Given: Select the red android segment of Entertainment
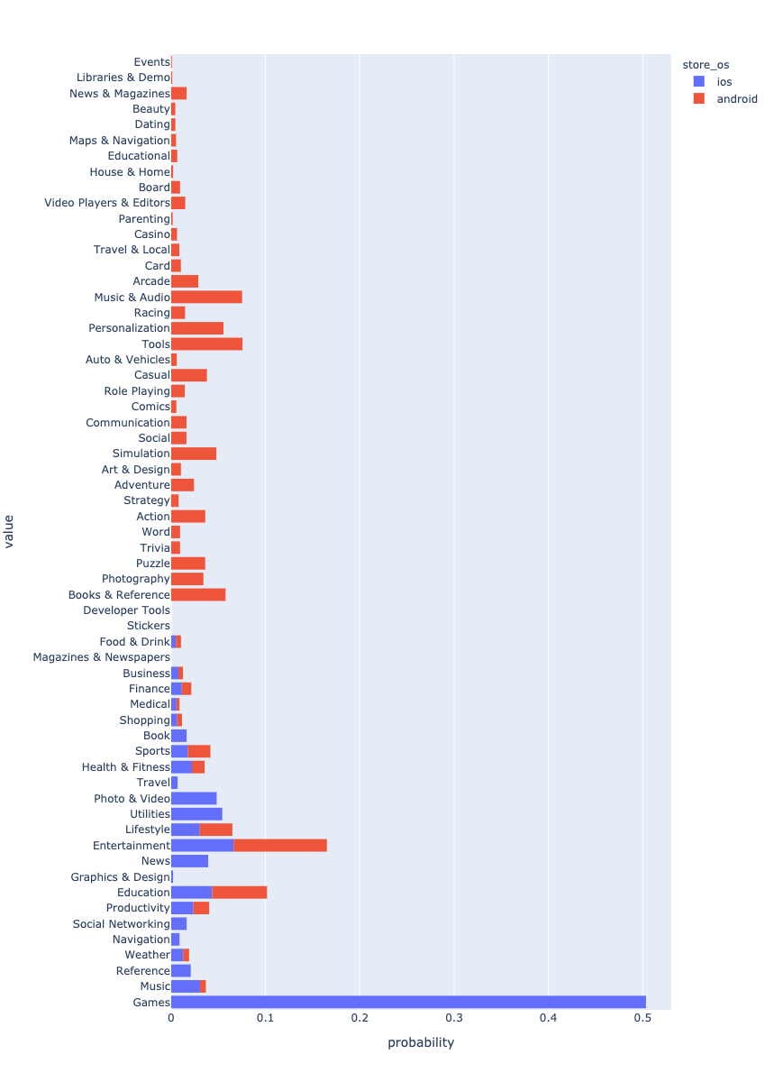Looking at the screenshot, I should [280, 845].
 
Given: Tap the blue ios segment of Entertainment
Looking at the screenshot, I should [202, 845].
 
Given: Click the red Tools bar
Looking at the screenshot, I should [206, 344].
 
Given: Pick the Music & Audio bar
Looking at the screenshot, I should [206, 297].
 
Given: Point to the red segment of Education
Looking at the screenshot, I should [240, 893].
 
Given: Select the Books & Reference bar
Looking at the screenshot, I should [198, 594].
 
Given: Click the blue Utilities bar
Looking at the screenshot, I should [196, 813].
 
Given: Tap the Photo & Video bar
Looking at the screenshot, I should [194, 798].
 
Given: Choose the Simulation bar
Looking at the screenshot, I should [194, 454].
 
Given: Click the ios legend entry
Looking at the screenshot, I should [724, 82].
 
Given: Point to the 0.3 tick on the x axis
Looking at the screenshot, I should [454, 1018].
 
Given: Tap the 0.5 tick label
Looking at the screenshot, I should [642, 1018].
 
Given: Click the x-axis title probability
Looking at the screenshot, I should [421, 1043].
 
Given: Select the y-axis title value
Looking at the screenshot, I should [10, 531].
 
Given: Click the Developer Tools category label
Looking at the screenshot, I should [126, 610].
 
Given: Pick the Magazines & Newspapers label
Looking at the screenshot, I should [101, 657].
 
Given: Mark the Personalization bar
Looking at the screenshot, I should [197, 328].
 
